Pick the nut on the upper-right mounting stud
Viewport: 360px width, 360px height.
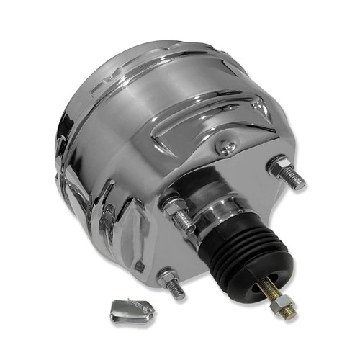point(279,170)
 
